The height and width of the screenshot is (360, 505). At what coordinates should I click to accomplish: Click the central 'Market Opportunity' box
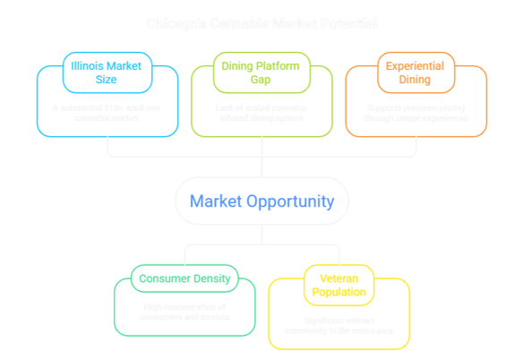coord(262,201)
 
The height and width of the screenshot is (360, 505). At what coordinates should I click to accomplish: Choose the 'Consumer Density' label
coord(184,278)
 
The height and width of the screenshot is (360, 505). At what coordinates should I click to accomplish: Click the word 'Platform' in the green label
coord(266,65)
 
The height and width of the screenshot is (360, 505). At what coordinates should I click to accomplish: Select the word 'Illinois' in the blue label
coord(83,65)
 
